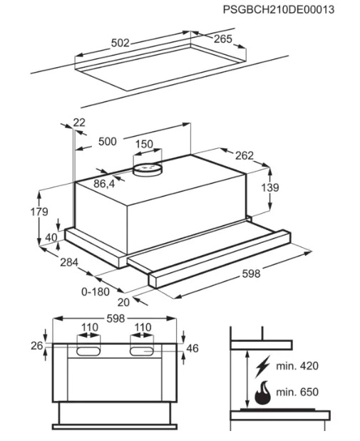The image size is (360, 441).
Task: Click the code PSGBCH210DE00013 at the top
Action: point(279,9)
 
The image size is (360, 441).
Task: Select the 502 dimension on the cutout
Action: point(120,43)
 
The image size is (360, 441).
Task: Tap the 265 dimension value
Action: point(223,39)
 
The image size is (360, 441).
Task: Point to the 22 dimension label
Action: point(79,123)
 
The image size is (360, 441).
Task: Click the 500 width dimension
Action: point(107,141)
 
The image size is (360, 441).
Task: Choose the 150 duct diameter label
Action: point(145,144)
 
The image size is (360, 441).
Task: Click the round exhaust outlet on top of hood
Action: point(148,170)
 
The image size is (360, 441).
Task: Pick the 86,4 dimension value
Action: point(104,184)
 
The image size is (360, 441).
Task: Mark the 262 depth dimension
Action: point(245,155)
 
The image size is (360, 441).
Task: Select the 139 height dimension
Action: point(270,187)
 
